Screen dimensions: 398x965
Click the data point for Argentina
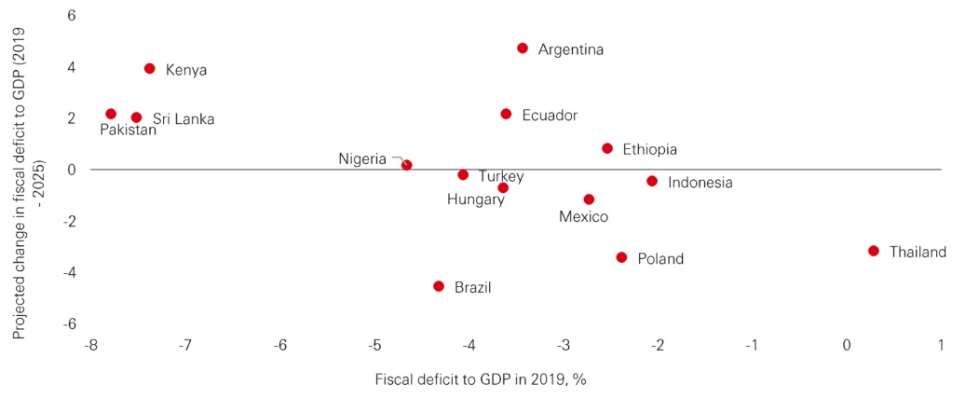[523, 48]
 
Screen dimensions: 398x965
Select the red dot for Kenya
[150, 69]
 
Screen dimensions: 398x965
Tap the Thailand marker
[874, 251]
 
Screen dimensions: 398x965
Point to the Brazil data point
[439, 286]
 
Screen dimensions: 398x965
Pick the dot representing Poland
[622, 257]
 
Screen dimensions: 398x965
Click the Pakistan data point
[111, 114]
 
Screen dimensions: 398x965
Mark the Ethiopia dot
[607, 148]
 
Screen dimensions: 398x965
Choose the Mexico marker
[589, 199]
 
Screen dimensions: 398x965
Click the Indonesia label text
[700, 183]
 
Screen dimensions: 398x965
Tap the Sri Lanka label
[183, 119]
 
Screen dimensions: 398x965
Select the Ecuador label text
[550, 116]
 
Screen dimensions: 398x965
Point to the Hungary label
[475, 199]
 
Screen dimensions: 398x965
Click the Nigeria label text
[362, 158]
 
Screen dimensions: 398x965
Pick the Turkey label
[501, 176]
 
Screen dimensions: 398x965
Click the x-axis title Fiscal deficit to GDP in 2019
[480, 379]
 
